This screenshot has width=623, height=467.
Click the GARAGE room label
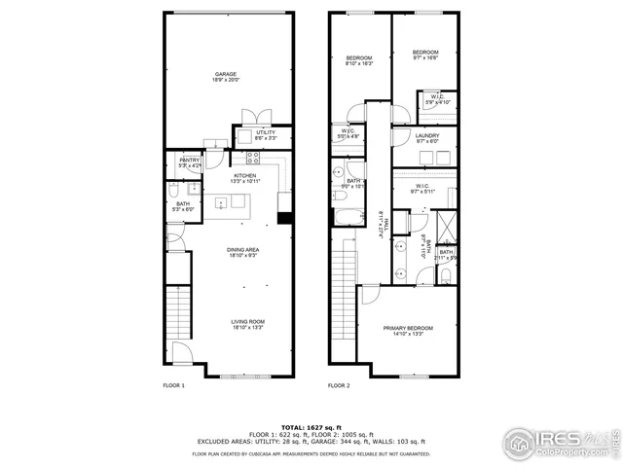pos(226,77)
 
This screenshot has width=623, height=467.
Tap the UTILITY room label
pos(266,135)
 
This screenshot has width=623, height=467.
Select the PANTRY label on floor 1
pos(189,162)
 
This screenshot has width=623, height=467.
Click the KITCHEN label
pos(244,178)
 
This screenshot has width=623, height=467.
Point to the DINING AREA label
pos(241,253)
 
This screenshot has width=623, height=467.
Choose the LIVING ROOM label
pos(248,325)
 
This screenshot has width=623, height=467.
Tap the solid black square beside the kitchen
pos(284,217)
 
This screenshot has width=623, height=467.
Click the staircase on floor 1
pos(177,314)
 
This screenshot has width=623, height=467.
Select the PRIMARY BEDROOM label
pos(408,331)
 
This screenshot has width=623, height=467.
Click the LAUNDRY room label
pos(426,138)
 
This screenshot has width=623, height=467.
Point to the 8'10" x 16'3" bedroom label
pos(358,61)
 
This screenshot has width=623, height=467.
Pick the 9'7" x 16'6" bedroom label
pos(424,55)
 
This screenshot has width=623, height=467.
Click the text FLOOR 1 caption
pos(173,386)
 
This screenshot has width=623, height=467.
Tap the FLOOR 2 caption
pos(339,386)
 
